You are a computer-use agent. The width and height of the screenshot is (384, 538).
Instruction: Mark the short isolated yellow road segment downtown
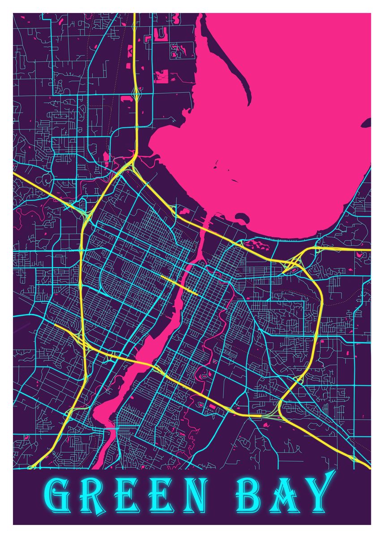point(179,285)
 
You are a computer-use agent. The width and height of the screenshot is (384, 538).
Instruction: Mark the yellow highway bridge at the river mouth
point(204,229)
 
